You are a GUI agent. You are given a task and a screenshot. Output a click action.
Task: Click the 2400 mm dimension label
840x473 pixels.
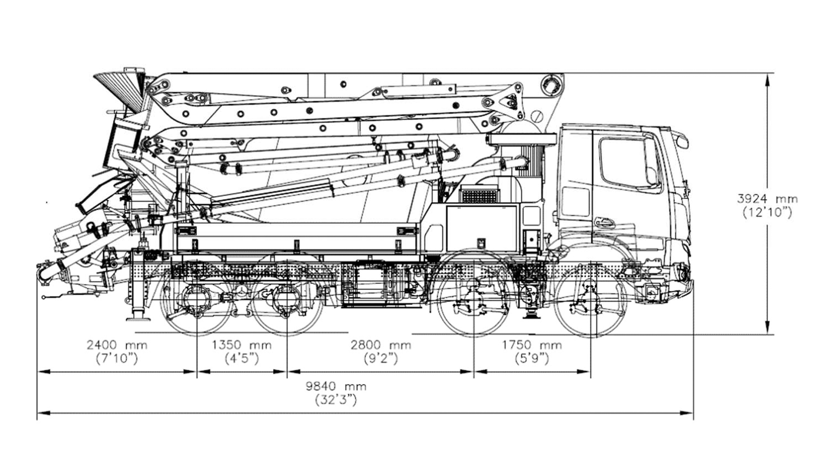click(x=117, y=345)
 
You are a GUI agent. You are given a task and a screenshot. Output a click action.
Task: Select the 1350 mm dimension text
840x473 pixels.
click(x=241, y=345)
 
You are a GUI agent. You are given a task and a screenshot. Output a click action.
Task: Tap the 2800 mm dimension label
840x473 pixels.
click(x=381, y=345)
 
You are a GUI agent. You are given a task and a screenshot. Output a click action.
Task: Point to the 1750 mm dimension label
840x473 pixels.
click(x=532, y=345)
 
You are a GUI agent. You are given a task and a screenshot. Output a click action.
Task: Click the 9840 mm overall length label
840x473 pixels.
click(x=336, y=386)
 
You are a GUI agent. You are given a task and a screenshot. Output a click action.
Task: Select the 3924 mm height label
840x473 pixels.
click(x=767, y=199)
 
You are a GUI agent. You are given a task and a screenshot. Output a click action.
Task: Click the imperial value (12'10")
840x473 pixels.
click(x=767, y=212)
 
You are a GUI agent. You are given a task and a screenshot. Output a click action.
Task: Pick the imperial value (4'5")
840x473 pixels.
click(x=241, y=359)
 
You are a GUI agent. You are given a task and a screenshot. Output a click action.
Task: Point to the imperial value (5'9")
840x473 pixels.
click(x=532, y=359)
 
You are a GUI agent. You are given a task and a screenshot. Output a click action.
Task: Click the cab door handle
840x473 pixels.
click(x=605, y=222)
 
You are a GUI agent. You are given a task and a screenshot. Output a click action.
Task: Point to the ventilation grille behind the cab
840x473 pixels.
click(x=480, y=194)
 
